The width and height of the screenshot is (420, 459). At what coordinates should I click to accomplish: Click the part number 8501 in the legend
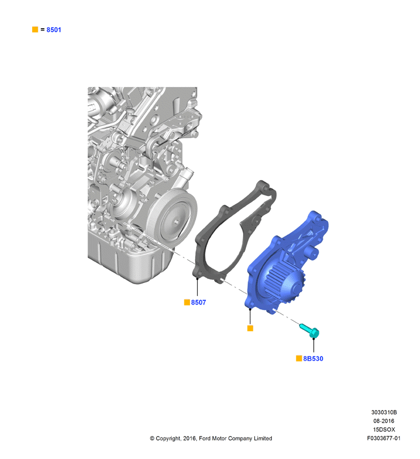tap(54, 29)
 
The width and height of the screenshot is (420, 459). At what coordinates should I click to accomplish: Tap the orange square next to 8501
tap(35, 29)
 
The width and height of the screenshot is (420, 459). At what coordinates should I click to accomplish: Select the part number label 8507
tap(198, 302)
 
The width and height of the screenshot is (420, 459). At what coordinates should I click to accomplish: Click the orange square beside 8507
tap(187, 302)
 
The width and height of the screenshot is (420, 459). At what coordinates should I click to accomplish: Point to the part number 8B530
tap(313, 359)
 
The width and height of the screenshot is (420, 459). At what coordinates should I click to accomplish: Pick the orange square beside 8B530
tap(299, 358)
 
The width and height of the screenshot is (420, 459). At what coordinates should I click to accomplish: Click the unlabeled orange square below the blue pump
tap(250, 328)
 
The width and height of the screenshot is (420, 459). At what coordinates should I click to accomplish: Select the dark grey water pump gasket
tap(204, 249)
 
